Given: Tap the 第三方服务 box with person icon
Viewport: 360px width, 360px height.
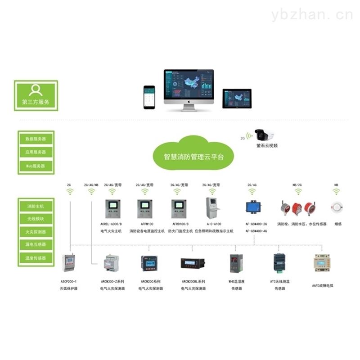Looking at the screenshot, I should tap(36, 96).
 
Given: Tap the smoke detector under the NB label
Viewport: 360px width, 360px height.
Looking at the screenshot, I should tap(336, 207).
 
